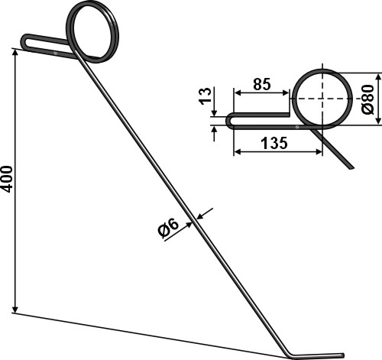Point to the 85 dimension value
[261, 85]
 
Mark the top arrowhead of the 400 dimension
[16, 52]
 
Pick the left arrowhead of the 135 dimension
[236, 151]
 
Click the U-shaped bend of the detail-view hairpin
[230, 120]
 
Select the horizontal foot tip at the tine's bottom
[342, 355]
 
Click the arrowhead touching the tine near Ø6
[201, 216]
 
